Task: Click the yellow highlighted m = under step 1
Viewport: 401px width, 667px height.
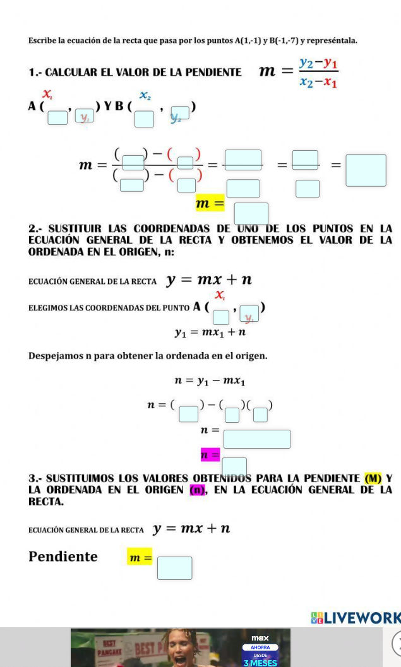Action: pos(210,204)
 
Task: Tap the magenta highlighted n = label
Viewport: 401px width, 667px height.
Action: pos(210,454)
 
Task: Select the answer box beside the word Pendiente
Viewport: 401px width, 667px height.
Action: pos(174,568)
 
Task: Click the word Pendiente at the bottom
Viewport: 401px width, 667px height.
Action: pos(63,557)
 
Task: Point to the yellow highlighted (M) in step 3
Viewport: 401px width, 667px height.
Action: pos(373,478)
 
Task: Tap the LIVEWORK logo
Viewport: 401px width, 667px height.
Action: pos(357,618)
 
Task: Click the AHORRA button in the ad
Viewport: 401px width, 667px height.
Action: pos(260,647)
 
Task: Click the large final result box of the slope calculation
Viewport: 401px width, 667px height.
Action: pos(366,170)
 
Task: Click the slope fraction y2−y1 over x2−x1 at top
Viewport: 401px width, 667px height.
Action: pos(318,73)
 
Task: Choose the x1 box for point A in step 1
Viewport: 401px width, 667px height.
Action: pos(57,117)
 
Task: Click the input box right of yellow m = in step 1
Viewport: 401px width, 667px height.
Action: pos(251,213)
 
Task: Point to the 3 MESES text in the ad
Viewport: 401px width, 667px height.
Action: pos(260,663)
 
